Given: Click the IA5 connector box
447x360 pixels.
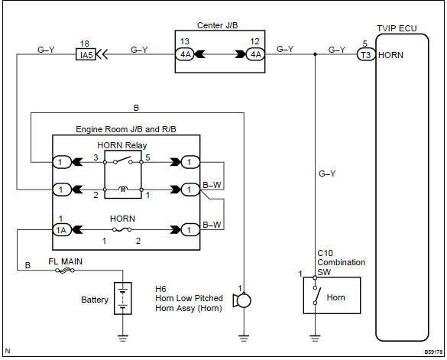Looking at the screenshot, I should (x=86, y=54).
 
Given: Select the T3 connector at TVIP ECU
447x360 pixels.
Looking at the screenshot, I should (x=366, y=54).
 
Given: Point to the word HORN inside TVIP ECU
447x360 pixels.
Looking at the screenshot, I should (x=390, y=55).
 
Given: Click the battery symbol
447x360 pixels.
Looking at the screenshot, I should (x=121, y=297).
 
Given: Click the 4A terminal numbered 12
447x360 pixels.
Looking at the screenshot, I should (x=253, y=54).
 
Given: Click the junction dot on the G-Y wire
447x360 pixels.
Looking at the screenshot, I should (x=316, y=54).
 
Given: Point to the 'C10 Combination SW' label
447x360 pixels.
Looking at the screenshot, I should (x=341, y=262).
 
